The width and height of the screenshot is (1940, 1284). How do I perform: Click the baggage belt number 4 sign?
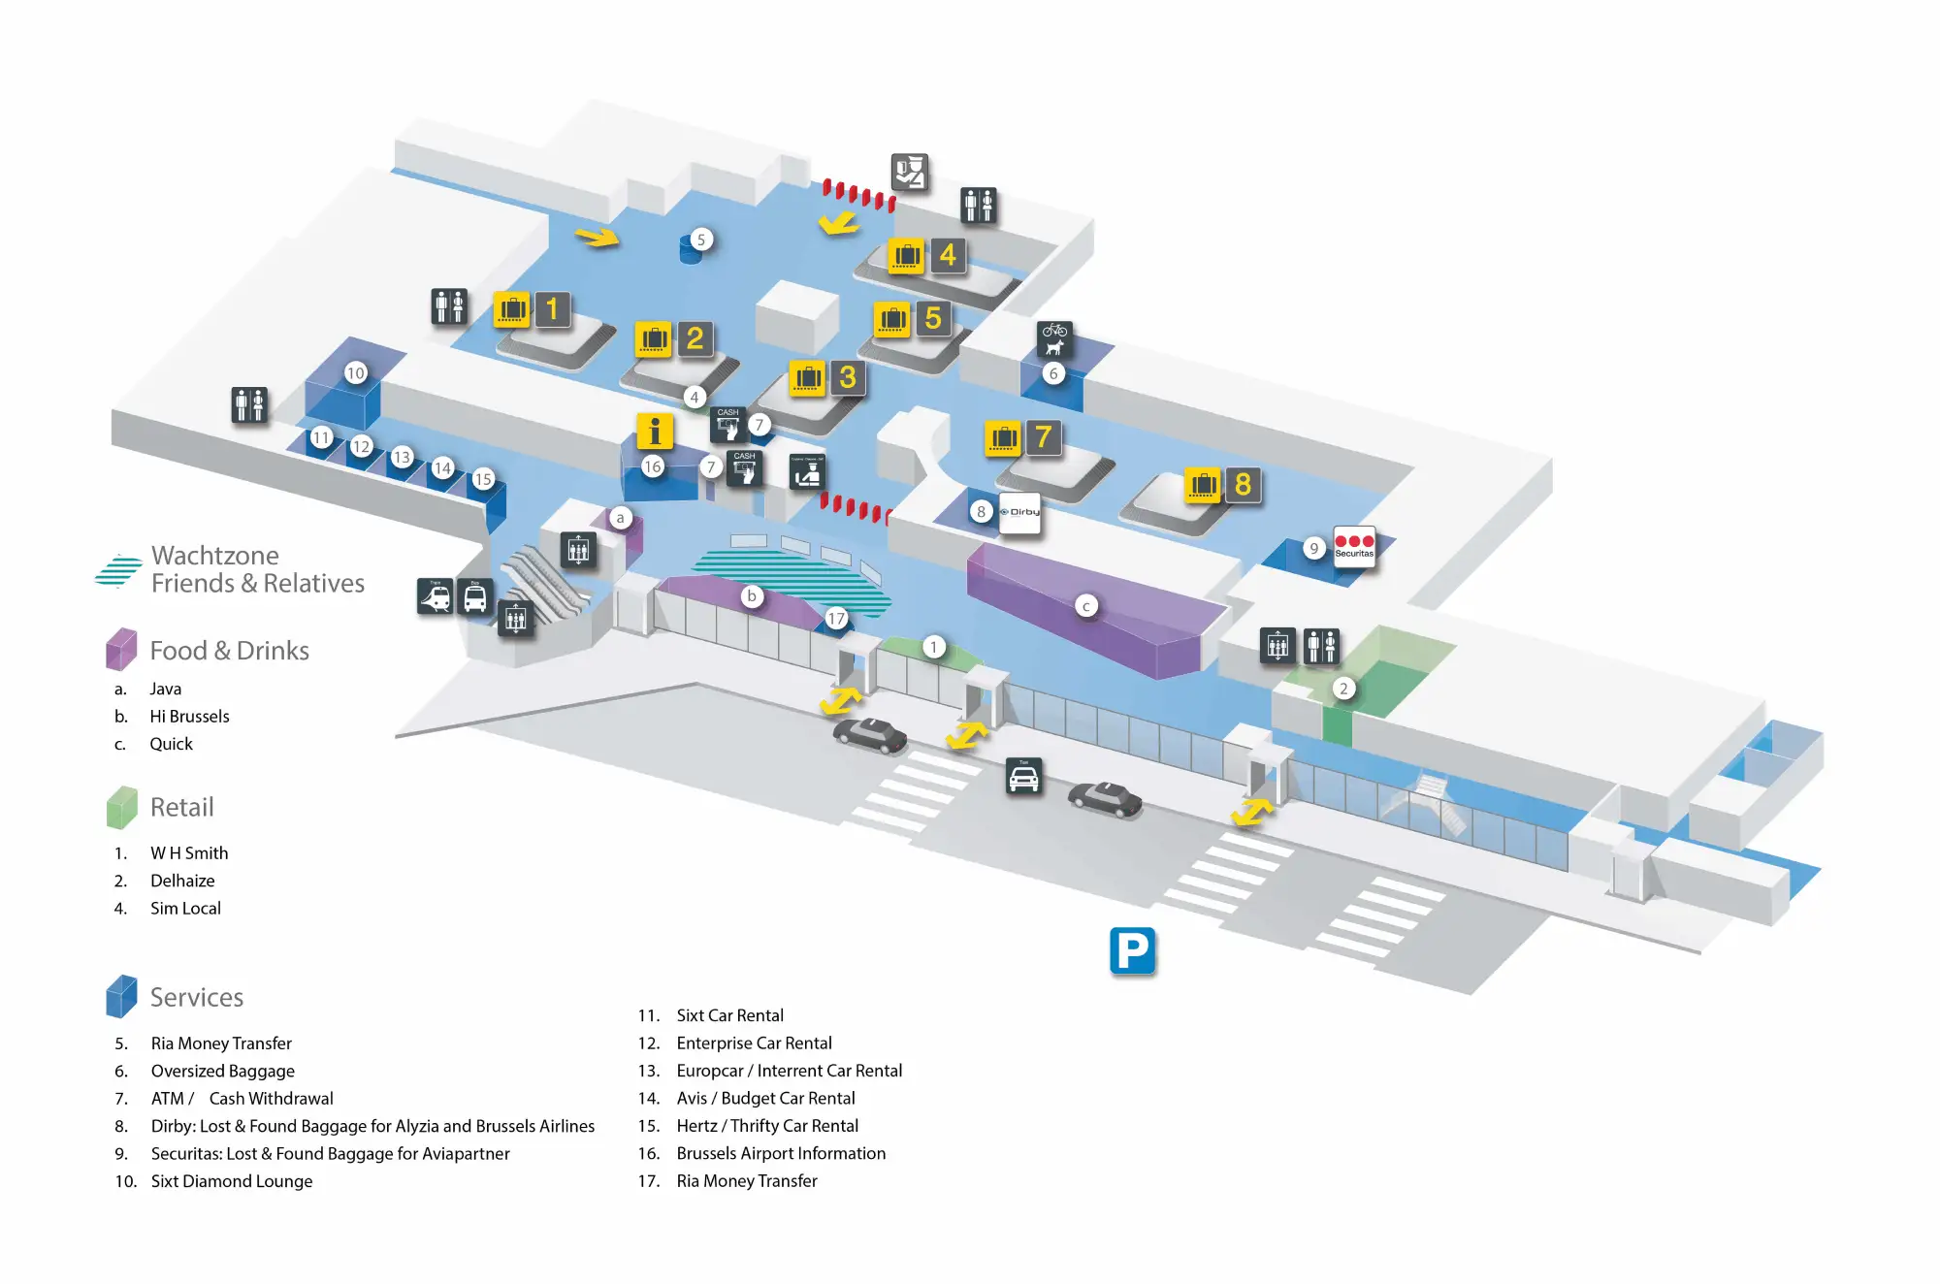click(x=947, y=256)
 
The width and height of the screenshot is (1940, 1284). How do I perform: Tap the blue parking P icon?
click(x=1132, y=951)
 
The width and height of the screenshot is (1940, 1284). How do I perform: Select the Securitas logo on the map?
click(x=1354, y=546)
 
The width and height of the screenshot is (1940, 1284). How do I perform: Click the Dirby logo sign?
click(x=1019, y=512)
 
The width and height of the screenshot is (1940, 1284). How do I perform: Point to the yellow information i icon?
click(x=655, y=431)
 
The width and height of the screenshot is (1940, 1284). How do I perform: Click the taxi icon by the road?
click(x=1023, y=777)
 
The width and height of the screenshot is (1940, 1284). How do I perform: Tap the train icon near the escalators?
click(x=436, y=596)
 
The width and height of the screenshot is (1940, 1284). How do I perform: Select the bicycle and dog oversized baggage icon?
click(x=1054, y=339)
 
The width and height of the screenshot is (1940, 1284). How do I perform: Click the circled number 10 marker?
click(x=356, y=373)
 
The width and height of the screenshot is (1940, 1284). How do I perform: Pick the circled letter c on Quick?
click(x=1086, y=606)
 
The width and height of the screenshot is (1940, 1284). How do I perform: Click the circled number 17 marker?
click(x=836, y=619)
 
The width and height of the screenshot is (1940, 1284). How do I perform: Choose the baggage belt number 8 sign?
click(x=1243, y=485)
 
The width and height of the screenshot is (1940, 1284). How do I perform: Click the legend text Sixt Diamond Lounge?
click(x=232, y=1181)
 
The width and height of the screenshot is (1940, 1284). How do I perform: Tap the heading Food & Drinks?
click(x=229, y=651)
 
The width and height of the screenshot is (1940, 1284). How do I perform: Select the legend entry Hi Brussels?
click(x=189, y=717)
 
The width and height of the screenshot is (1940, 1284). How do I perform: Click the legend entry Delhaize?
click(x=182, y=881)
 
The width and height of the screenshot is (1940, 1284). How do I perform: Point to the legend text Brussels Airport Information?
click(x=781, y=1153)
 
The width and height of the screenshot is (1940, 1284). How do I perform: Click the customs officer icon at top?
click(x=910, y=173)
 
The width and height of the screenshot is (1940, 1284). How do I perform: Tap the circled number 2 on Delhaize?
click(x=1343, y=689)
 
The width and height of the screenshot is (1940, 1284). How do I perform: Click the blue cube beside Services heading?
click(x=121, y=996)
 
